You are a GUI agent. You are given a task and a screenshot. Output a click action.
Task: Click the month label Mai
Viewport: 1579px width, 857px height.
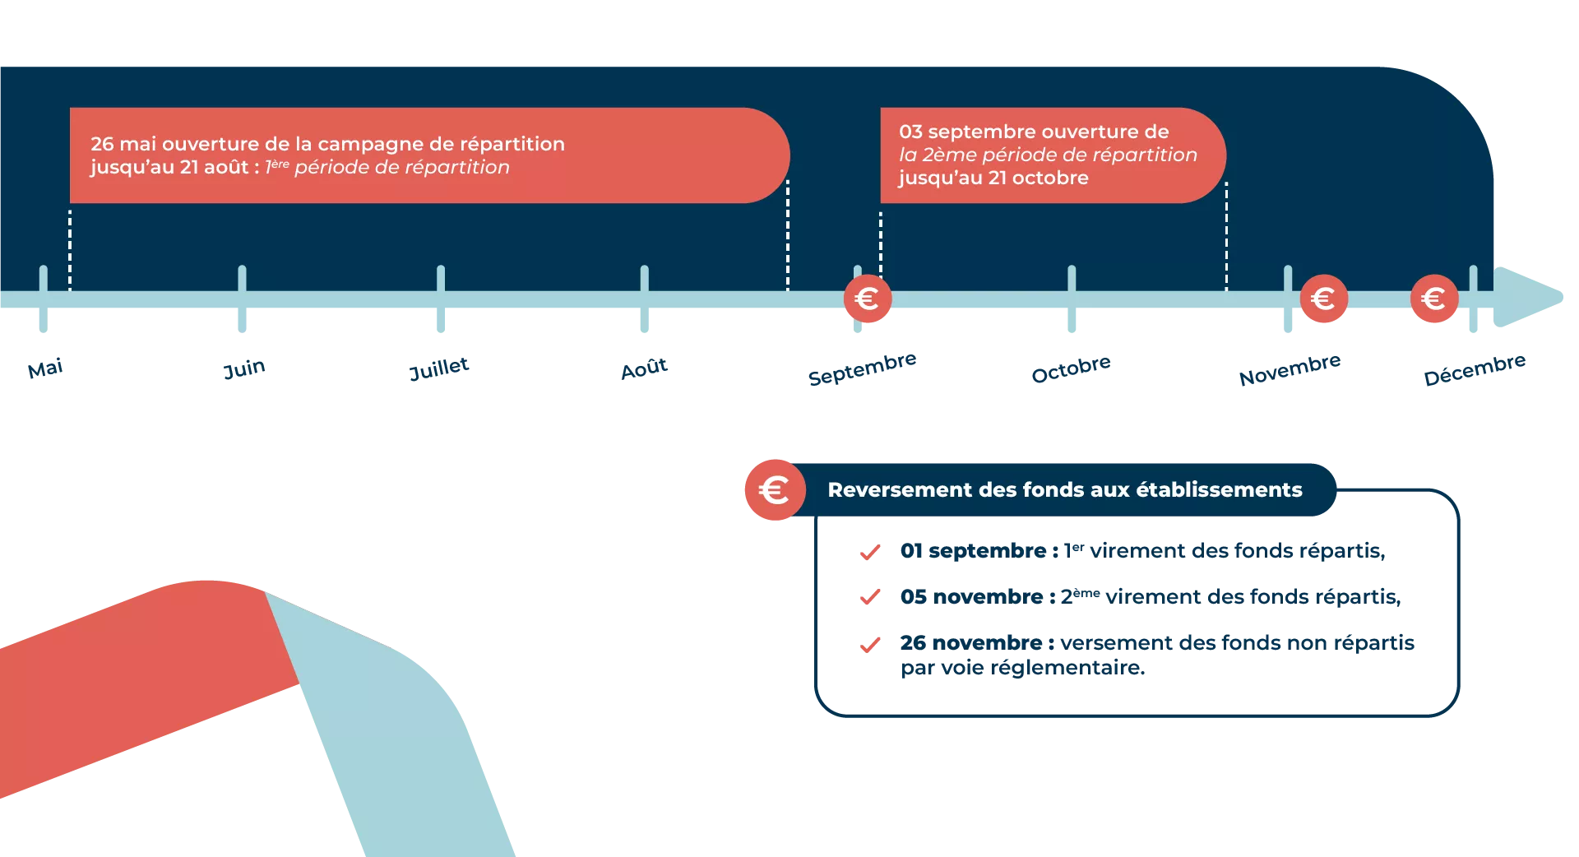point(45,368)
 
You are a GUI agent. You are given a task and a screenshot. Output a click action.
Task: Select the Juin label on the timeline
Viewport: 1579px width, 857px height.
point(244,368)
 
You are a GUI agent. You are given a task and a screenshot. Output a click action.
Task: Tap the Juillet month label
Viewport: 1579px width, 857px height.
point(439,368)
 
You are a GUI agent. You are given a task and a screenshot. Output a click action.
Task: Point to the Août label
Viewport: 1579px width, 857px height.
point(644,368)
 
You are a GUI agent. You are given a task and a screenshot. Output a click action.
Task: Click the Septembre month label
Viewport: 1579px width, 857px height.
point(862,368)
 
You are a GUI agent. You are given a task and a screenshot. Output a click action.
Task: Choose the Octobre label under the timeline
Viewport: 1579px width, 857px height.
point(1071,368)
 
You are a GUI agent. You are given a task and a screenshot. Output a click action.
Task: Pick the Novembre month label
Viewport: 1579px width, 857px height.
point(1290,369)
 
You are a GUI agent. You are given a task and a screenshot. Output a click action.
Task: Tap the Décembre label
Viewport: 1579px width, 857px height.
point(1475,369)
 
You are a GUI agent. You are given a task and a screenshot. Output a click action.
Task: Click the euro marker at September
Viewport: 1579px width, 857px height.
point(868,299)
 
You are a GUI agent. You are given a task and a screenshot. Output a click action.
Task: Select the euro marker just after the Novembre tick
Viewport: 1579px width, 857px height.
point(1324,299)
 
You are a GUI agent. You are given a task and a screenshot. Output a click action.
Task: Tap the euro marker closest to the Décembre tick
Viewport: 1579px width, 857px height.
point(1434,299)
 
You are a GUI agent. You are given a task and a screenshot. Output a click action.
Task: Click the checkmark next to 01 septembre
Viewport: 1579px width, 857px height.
point(870,552)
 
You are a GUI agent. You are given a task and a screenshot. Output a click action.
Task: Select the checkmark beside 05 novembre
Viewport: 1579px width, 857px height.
point(870,597)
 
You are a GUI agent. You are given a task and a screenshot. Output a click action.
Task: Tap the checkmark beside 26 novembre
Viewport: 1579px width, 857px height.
point(870,645)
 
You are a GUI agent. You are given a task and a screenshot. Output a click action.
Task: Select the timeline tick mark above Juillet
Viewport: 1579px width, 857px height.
point(441,299)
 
